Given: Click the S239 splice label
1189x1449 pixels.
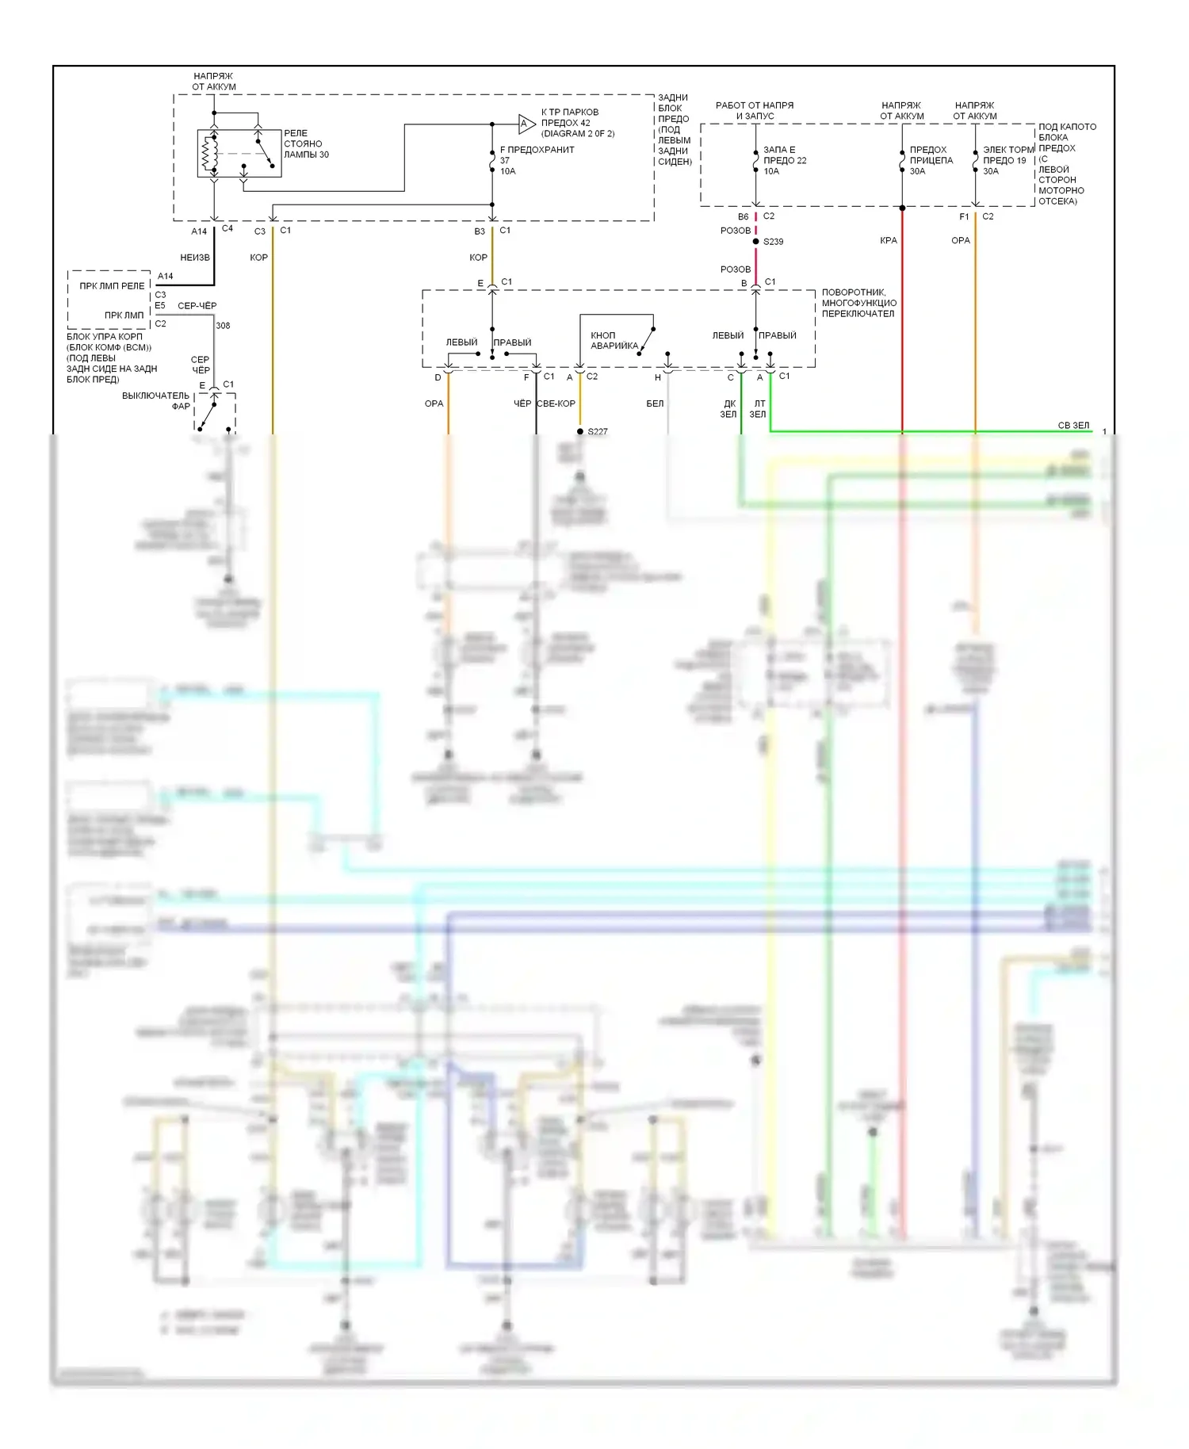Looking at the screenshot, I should coord(773,242).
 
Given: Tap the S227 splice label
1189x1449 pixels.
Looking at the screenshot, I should coord(598,431).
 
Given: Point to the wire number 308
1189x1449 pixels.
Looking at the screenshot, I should coord(223,326).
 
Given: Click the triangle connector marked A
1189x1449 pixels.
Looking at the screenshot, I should coord(526,124).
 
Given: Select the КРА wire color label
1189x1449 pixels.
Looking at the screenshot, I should coord(889,240).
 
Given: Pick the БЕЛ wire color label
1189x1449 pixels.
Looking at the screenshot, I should coord(655,403).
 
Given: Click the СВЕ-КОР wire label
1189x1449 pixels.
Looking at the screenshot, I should coord(556,403).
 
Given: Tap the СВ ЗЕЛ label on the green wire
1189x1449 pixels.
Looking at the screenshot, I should coord(1073,426).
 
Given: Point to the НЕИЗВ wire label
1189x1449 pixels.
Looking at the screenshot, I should coord(195,258).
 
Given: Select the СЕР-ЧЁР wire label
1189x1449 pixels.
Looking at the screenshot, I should coord(197,305).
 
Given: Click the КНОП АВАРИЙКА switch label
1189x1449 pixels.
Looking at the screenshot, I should coord(614,341).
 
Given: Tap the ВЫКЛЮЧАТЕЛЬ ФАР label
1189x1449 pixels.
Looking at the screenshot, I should coord(156,400).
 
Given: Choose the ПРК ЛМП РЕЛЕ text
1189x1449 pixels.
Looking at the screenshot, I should coord(112,286).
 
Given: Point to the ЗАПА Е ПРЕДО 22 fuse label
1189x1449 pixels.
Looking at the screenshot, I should coord(784,160).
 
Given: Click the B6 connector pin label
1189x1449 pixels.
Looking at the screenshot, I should coord(743,216).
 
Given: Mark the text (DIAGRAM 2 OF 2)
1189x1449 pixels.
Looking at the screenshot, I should coord(578,134).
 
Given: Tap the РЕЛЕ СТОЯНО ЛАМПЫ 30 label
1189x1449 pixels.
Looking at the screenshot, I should coord(306,144).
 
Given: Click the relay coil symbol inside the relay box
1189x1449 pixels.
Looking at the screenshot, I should coord(210,154).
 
